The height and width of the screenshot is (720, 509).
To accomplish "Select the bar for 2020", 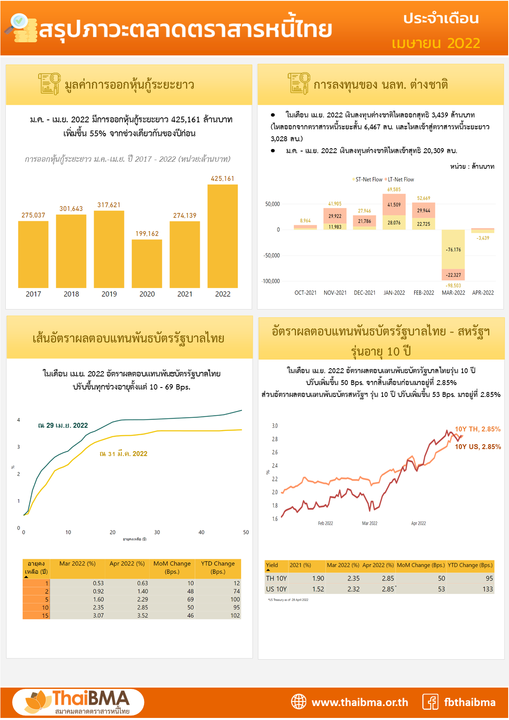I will (147, 264).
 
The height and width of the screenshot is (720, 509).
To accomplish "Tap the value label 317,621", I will (109, 205).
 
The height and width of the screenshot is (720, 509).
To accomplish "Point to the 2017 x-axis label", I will (33, 294).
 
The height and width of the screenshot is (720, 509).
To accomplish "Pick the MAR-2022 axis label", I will (453, 293).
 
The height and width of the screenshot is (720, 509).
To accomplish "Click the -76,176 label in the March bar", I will (453, 250).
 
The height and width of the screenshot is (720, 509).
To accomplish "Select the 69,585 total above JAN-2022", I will (394, 190).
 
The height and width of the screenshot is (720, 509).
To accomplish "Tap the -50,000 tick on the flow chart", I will (271, 255).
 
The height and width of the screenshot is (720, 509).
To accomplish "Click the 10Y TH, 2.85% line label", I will (477, 429).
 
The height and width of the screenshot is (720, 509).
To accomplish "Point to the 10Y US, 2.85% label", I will (478, 447).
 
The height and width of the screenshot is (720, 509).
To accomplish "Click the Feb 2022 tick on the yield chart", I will (326, 523).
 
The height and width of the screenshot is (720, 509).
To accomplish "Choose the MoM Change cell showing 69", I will (190, 599).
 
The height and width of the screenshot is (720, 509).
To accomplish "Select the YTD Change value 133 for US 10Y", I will (488, 589).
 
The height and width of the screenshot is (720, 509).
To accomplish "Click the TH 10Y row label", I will (276, 578).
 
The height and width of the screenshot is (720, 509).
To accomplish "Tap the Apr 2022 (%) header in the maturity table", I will (127, 564).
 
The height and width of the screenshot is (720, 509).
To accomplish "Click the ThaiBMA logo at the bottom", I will (78, 702).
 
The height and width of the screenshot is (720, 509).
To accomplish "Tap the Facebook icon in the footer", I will (430, 702).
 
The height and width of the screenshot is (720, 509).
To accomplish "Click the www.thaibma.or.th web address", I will (360, 702).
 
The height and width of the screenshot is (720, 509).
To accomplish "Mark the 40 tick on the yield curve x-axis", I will (202, 532).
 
